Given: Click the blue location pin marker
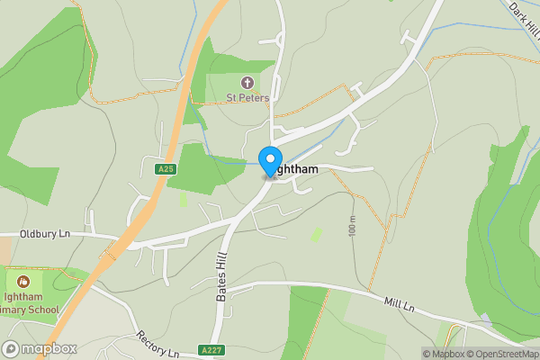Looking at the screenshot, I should (x=269, y=161).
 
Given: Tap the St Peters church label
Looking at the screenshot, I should (x=247, y=98).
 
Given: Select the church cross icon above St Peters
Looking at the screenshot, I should (x=247, y=83).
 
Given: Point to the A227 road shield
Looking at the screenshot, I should (x=211, y=350).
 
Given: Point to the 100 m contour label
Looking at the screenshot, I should (x=352, y=228).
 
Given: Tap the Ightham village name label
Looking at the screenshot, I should (x=292, y=168).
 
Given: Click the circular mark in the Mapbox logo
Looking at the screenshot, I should (x=12, y=348).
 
